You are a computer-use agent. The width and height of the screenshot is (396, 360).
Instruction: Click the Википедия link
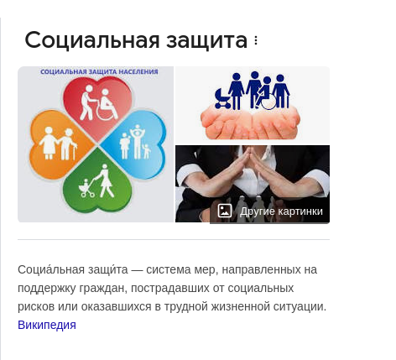(47, 325)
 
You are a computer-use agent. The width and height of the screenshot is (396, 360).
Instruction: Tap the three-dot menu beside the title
(256, 41)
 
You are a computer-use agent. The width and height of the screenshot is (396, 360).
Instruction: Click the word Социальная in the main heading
(92, 40)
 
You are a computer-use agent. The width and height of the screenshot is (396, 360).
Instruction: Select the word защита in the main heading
(206, 41)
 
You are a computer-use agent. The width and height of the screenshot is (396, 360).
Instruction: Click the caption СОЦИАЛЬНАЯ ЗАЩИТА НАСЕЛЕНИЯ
(99, 72)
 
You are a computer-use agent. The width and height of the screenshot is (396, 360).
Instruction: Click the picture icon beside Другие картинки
(225, 211)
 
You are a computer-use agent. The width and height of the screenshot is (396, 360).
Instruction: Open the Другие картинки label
(281, 211)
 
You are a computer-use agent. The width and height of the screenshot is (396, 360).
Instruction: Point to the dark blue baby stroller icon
(222, 98)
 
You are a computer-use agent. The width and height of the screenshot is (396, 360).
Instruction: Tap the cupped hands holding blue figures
(250, 123)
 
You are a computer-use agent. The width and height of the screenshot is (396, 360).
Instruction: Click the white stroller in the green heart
(86, 188)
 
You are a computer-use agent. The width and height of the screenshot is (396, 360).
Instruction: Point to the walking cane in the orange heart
(75, 152)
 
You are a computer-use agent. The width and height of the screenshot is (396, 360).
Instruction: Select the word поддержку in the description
(47, 289)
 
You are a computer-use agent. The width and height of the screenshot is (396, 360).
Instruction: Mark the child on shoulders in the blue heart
(137, 130)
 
